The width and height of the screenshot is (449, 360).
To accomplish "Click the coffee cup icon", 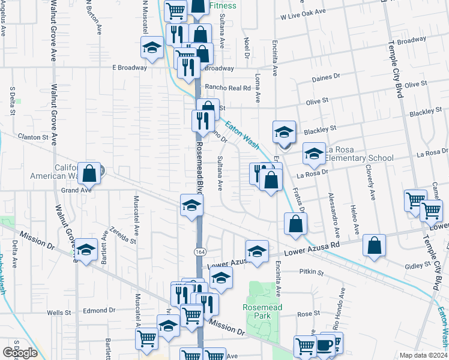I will pyautogui.click(x=325, y=346).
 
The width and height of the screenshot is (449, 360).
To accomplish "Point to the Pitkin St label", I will pyautogui.click(x=312, y=272).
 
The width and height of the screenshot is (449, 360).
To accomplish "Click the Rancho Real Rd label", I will pyautogui.click(x=227, y=87).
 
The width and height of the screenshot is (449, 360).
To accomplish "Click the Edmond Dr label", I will pyautogui.click(x=99, y=310).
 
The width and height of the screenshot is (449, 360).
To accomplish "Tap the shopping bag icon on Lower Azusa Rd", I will pyautogui.click(x=374, y=245).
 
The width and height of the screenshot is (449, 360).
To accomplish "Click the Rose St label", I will pyautogui.click(x=308, y=314).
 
